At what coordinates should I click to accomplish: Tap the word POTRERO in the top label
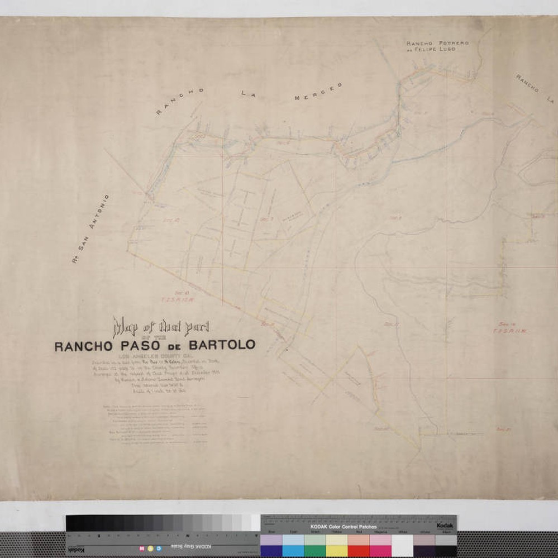pos(457,42)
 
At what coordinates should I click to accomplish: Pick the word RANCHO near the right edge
pos(526,84)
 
